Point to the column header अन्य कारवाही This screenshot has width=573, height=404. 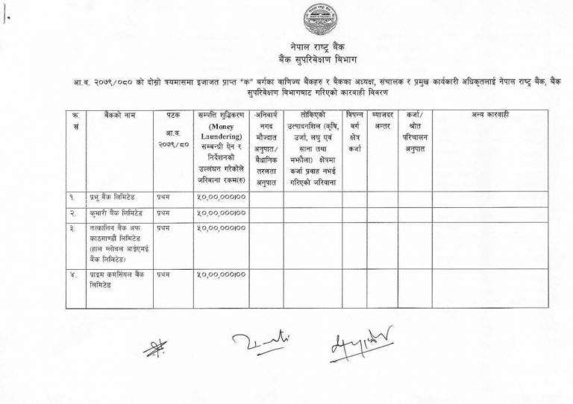tap(489, 116)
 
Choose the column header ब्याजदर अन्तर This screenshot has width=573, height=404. tap(381, 121)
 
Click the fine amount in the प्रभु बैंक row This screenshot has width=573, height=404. tap(221, 199)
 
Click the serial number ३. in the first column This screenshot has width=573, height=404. tap(73, 227)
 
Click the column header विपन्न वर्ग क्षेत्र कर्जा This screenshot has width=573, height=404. tap(354, 131)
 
